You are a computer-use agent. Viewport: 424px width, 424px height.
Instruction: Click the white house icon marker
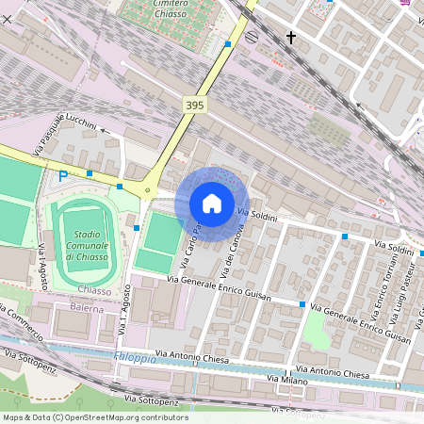pos(212,203)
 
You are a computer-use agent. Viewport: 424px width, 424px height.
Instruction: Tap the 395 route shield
pos(194,106)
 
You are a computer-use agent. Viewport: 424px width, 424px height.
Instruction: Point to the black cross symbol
pos(291,39)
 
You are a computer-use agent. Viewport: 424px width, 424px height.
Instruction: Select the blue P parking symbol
pos(63,175)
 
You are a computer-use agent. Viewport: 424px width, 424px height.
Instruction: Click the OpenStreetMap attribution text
pos(95,417)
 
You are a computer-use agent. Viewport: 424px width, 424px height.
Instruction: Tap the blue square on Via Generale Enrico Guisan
pos(302,304)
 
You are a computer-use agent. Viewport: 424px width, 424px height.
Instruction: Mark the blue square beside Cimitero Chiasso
pos(228,44)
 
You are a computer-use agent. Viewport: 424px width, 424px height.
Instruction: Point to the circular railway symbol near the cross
pos(252,37)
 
